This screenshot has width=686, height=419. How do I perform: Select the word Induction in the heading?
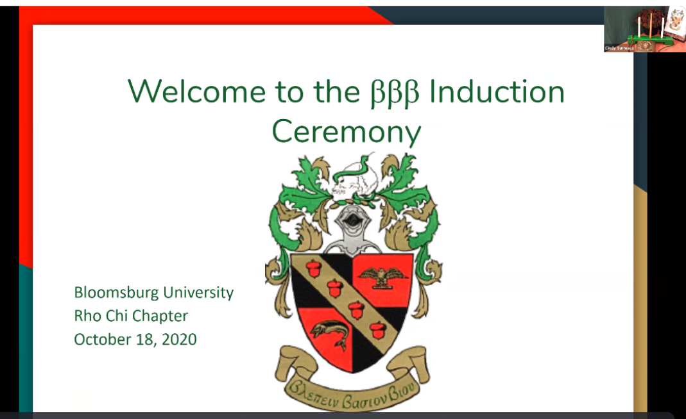click(x=497, y=91)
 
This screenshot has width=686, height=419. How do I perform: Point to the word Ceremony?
click(x=346, y=132)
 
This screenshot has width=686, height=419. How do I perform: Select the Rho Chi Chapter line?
click(x=131, y=316)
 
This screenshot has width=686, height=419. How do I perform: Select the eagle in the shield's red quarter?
click(x=383, y=274)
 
